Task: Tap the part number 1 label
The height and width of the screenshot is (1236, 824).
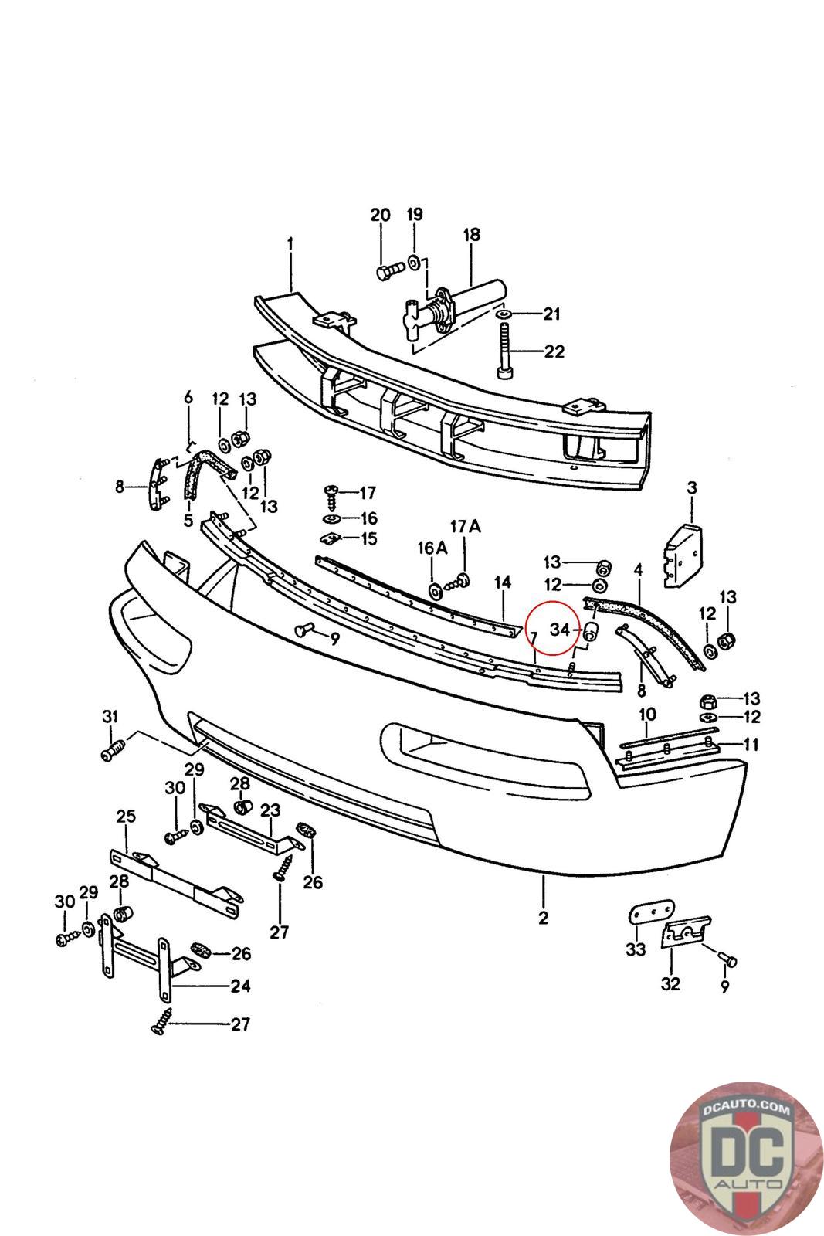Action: (290, 243)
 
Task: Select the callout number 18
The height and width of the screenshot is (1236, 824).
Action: (471, 234)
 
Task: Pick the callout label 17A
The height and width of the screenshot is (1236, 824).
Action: (465, 526)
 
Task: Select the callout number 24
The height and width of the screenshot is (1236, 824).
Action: (240, 986)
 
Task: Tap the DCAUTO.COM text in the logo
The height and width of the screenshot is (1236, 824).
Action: (738, 1110)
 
